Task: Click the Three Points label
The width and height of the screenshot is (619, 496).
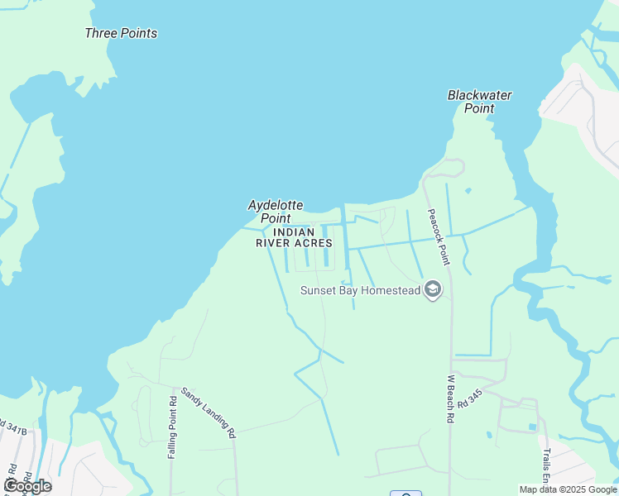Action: coord(121,34)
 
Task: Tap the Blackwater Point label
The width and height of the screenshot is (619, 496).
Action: coord(479,102)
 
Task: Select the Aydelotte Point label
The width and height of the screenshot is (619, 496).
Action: coord(276,212)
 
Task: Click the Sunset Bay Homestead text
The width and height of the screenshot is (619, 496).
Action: coord(359,290)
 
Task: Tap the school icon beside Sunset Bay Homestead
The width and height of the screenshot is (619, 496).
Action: coord(432,289)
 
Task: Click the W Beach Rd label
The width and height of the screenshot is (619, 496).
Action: coord(451,399)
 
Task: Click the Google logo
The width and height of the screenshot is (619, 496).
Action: coord(27,485)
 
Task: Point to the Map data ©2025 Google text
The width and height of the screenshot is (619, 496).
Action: coord(568,489)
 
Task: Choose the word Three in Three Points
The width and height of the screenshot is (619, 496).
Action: coord(100,34)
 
